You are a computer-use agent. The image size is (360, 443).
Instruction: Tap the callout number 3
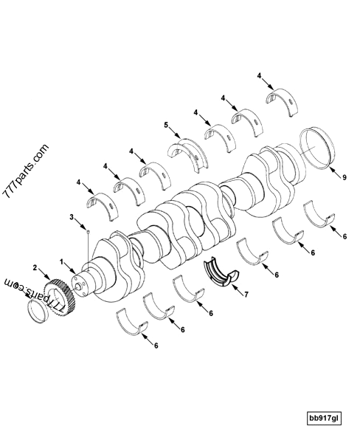click(x=72, y=218)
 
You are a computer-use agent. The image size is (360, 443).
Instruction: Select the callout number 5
click(x=166, y=126)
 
